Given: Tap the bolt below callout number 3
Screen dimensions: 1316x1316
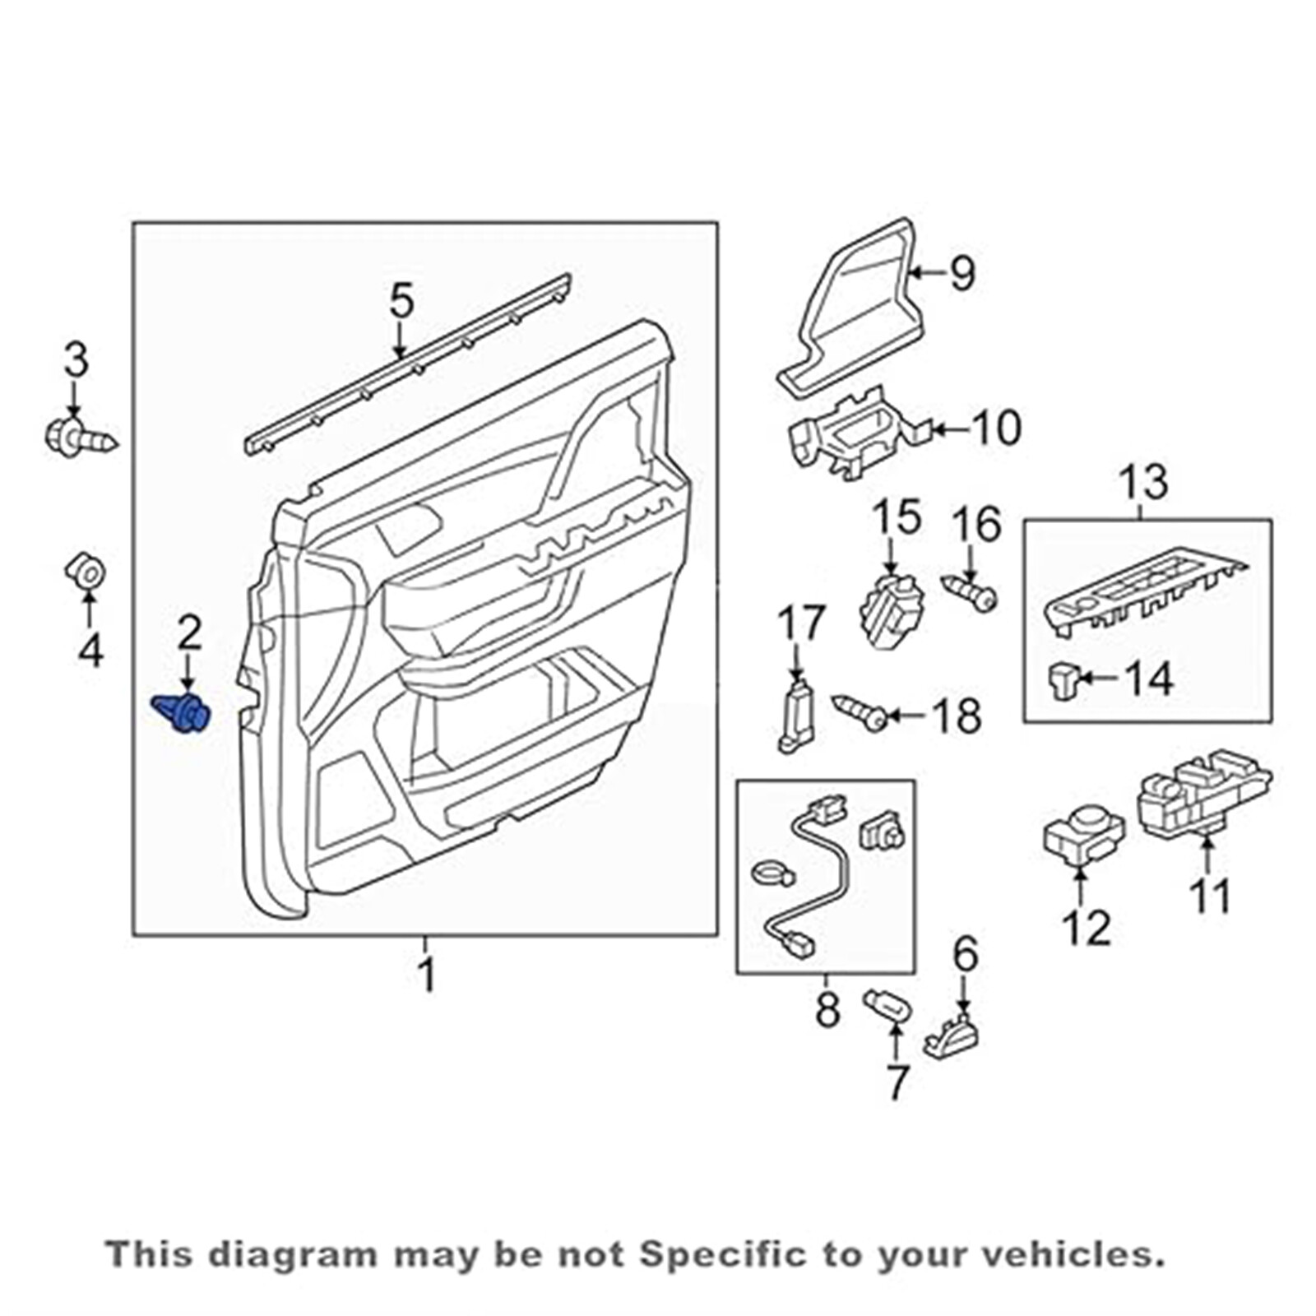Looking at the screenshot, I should (78, 435).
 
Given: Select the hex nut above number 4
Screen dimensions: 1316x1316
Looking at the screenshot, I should (86, 569).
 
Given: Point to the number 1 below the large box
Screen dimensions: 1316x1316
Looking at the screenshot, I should (426, 975).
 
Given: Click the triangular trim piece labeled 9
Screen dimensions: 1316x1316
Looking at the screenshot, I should (855, 313).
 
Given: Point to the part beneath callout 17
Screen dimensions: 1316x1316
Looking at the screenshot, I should (796, 715).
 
